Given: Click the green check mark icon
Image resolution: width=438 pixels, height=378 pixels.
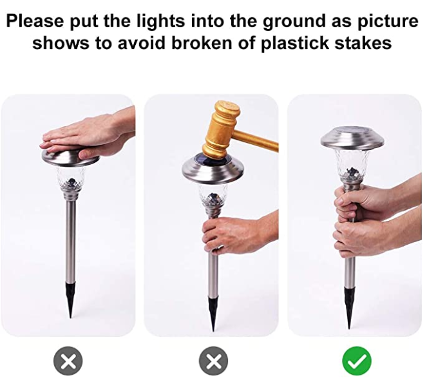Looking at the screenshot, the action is [x=357, y=361].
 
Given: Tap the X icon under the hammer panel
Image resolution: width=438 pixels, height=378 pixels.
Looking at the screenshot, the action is [x=213, y=361].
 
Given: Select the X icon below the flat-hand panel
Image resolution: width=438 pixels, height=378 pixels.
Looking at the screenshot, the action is [x=68, y=361].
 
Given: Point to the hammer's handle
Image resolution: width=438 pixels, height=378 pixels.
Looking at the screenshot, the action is [x=256, y=140].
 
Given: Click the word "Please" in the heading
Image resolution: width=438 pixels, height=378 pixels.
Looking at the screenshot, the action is [x=35, y=21].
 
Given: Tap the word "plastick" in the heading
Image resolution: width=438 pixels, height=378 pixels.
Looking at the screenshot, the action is [x=295, y=44].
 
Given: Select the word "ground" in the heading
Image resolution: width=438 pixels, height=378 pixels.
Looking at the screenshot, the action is [x=294, y=22].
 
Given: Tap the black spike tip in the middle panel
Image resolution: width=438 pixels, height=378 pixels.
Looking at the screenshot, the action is [x=213, y=314].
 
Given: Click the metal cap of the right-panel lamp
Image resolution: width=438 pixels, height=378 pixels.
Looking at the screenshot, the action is [x=352, y=138].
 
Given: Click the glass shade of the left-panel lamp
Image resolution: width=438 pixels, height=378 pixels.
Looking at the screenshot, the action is [x=71, y=178].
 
